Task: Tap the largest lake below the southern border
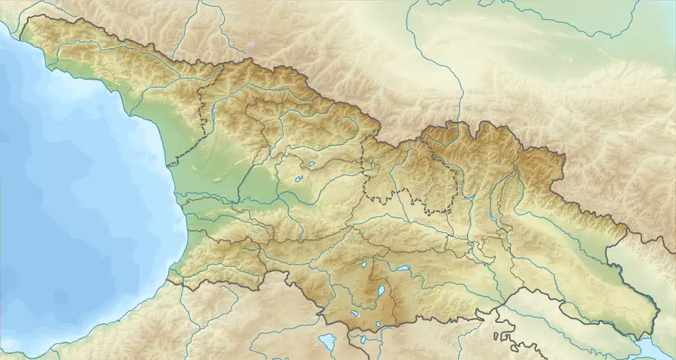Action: click(329, 342)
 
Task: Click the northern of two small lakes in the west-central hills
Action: click(310, 164)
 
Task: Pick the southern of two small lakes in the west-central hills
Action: click(298, 180)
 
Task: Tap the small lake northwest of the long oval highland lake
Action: click(364, 265)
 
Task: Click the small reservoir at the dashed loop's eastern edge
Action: click(471, 200)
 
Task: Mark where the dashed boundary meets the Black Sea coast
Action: click(168, 164)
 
